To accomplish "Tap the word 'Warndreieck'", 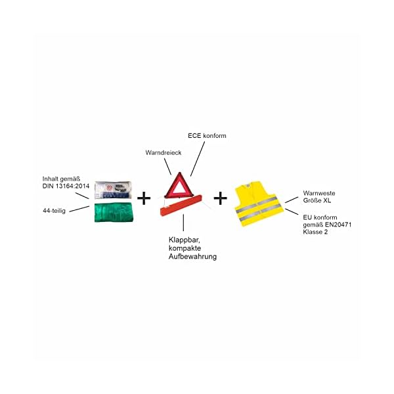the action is coord(163,152).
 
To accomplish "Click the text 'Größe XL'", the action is coord(316,201).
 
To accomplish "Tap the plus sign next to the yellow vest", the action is coord(221,197).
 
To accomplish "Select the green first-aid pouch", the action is coord(115,213).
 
